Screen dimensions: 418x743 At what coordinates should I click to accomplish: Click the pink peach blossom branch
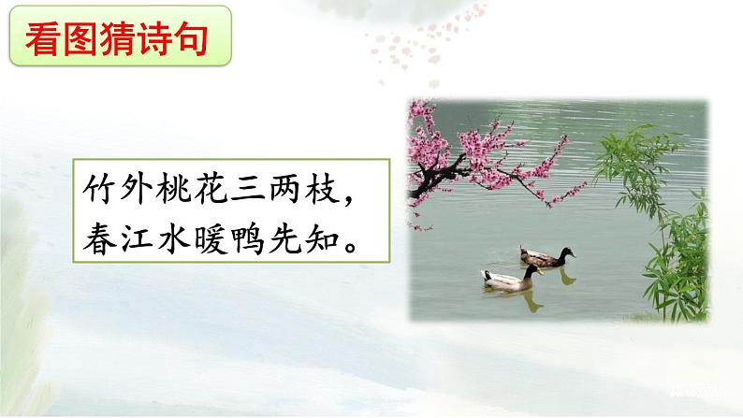pyautogui.click(x=496, y=154)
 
